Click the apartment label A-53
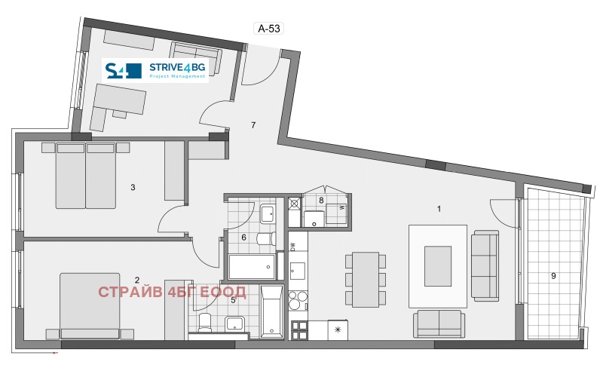[270, 29]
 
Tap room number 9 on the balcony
[553, 276]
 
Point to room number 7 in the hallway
[254, 124]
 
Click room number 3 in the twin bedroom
[133, 186]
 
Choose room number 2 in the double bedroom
[137, 281]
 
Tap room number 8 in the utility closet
[322, 201]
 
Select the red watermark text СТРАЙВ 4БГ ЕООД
[173, 292]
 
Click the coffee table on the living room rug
[438, 265]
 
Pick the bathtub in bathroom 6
[252, 266]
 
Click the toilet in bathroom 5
[206, 322]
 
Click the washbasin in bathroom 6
[268, 214]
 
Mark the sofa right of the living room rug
[484, 266]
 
